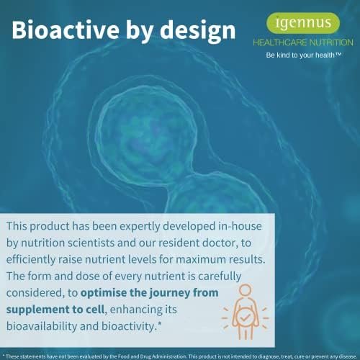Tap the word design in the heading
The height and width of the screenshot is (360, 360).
pos(198,32)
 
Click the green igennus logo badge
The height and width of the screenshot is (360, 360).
pos(303,23)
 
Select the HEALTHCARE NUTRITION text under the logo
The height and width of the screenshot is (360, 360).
pos(303,42)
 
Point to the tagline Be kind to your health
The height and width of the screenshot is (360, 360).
pos(303,55)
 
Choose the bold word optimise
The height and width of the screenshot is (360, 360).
pos(104,293)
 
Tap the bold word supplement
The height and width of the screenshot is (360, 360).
pos(32,310)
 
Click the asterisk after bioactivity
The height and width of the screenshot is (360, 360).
pos(160,324)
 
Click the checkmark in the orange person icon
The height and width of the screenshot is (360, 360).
pos(245,318)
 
